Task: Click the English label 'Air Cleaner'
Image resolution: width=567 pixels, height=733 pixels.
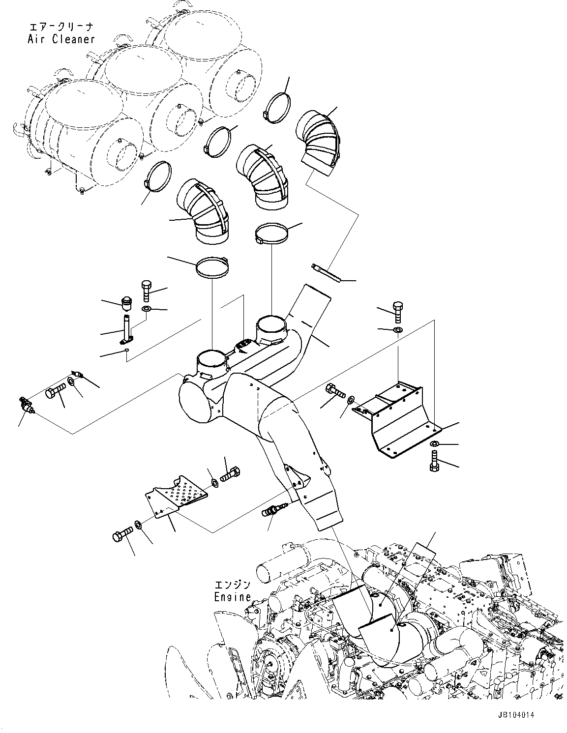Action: [x=61, y=39]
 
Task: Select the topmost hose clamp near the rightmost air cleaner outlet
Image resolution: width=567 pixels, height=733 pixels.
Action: [x=278, y=107]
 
